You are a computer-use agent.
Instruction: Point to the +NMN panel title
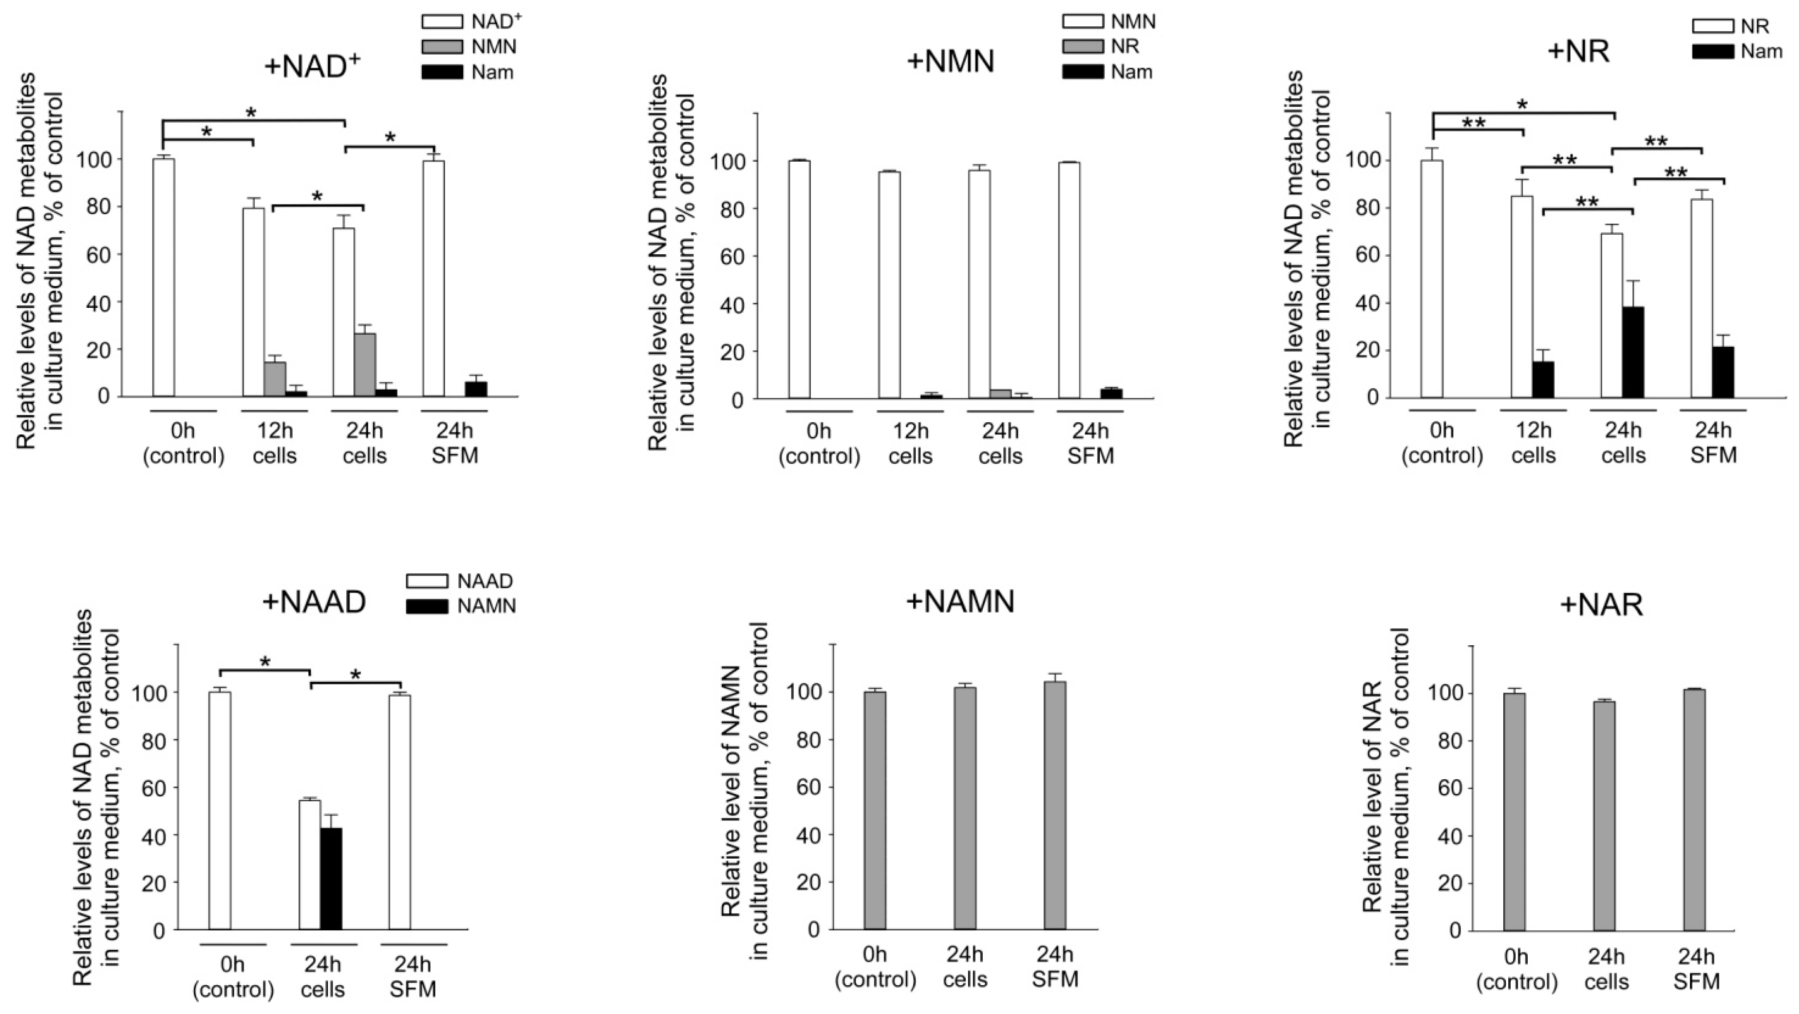click(950, 61)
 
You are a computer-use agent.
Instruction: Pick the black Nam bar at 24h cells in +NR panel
click(1633, 352)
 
